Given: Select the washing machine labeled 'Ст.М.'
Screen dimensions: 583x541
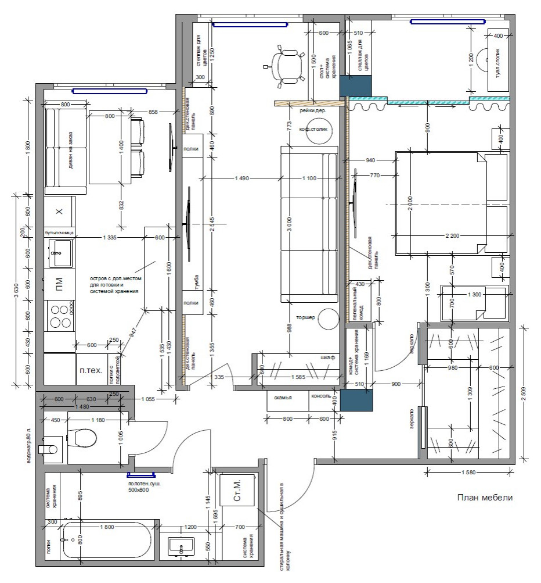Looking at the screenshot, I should click(x=238, y=498).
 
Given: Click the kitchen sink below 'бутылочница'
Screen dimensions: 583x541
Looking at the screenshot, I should click(x=60, y=252).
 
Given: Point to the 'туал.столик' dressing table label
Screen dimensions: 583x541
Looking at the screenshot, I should click(x=498, y=66).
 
